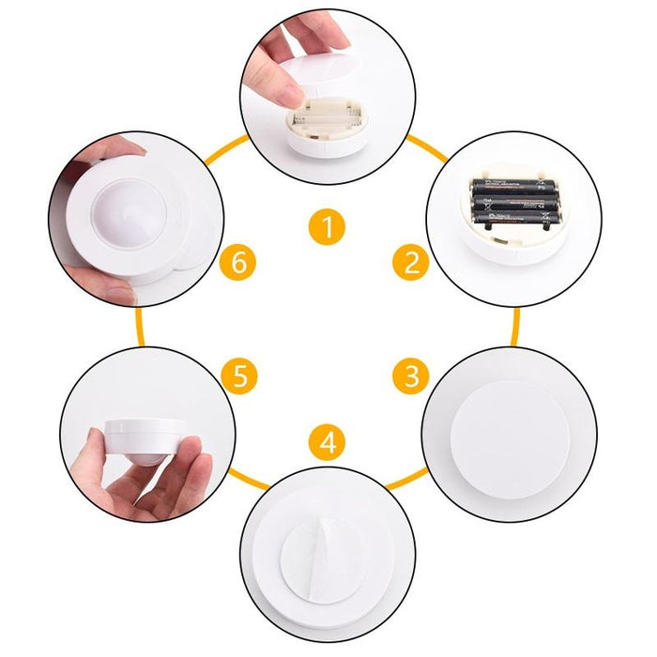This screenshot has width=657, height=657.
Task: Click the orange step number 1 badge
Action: click(x=327, y=227)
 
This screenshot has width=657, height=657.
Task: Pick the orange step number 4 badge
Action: click(x=327, y=442)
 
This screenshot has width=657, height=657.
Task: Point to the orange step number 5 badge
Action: click(x=240, y=377)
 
